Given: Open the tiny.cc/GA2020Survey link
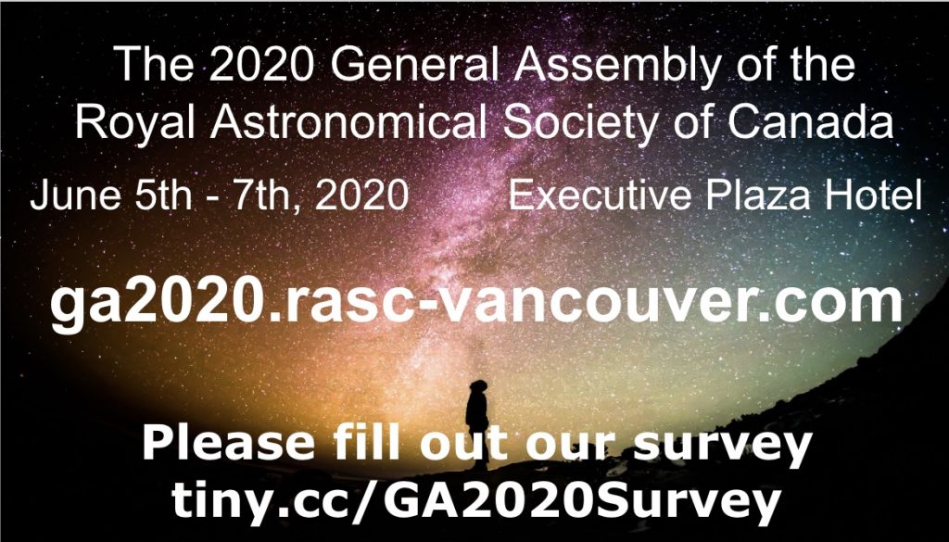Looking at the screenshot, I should (x=474, y=501).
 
